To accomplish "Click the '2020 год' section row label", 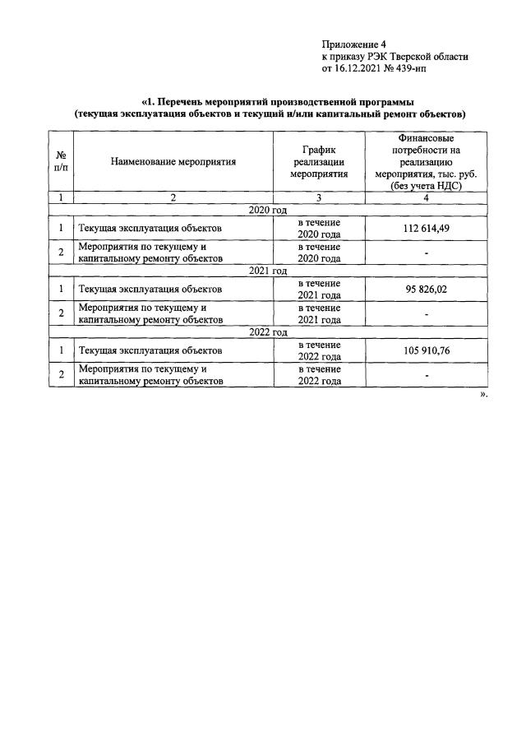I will pyautogui.click(x=267, y=211).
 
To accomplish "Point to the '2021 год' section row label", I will pyautogui.click(x=267, y=271).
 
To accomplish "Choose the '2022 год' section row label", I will pyautogui.click(x=267, y=332).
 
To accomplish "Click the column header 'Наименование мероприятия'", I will pyautogui.click(x=173, y=162).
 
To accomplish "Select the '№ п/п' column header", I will pyautogui.click(x=61, y=162).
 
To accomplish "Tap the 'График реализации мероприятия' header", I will pyautogui.click(x=319, y=162).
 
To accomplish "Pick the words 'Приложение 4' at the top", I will pyautogui.click(x=353, y=44).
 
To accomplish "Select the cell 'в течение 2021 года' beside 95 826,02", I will pyautogui.click(x=319, y=290).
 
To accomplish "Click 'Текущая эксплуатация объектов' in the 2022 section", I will pyautogui.click(x=149, y=351).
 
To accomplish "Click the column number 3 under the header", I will pyautogui.click(x=319, y=198).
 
